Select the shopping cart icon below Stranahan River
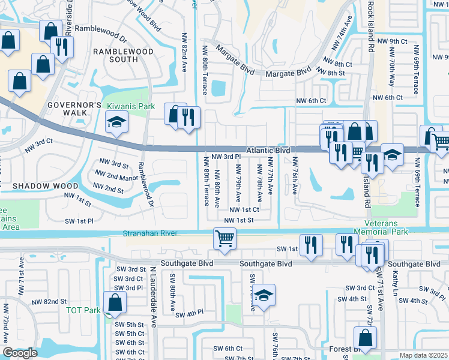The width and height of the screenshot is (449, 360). click(224, 238)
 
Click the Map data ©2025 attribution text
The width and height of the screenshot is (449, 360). click(423, 355)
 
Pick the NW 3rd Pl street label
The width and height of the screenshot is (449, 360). click(226, 157)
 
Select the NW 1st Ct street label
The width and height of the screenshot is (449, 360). click(244, 210)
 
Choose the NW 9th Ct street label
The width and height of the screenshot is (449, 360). click(390, 41)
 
